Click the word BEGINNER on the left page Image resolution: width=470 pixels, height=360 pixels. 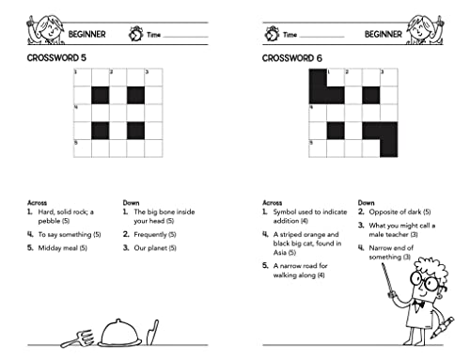click(x=86, y=35)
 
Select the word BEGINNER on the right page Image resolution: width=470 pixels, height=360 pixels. click(x=382, y=35)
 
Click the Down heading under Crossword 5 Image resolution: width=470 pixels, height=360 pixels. click(x=133, y=201)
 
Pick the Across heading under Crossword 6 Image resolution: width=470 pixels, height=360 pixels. click(x=273, y=201)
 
